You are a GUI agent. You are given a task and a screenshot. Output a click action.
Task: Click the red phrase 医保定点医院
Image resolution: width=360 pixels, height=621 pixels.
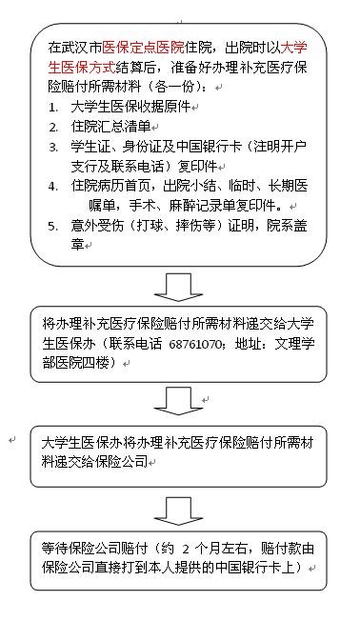[143, 48]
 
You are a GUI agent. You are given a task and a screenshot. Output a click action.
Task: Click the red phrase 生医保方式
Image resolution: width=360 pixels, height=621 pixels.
[82, 67]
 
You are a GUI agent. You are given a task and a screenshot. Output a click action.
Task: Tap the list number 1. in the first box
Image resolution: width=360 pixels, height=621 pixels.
[53, 108]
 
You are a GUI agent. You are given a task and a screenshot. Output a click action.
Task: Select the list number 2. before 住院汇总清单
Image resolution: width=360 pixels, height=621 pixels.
[53, 128]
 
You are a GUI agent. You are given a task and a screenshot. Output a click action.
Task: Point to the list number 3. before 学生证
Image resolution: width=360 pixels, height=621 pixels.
[53, 148]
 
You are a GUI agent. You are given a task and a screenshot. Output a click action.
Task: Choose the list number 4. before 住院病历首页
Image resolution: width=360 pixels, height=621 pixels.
[53, 187]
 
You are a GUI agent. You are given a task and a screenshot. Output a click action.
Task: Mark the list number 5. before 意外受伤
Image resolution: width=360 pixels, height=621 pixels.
[53, 226]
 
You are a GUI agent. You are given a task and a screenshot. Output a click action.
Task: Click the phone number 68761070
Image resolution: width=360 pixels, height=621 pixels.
[195, 344]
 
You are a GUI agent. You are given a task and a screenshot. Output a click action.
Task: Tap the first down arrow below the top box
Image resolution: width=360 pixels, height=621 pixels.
[178, 287]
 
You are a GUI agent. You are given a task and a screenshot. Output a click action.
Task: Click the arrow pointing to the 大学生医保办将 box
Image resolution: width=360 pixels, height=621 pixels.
[178, 401]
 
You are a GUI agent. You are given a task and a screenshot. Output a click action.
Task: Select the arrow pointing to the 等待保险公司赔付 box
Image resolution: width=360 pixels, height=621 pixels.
[178, 511]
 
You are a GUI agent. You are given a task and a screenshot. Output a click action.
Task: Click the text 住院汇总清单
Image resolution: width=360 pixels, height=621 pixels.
[110, 127]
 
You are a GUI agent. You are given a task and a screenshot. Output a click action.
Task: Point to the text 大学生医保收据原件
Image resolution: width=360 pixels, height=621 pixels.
[130, 107]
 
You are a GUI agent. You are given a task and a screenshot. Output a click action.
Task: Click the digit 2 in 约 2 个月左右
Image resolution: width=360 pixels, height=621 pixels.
[186, 550]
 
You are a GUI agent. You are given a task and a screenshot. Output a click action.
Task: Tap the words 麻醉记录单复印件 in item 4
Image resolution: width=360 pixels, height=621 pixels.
[223, 206]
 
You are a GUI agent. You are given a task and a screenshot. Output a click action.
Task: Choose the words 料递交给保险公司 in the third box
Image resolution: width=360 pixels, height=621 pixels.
[94, 461]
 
